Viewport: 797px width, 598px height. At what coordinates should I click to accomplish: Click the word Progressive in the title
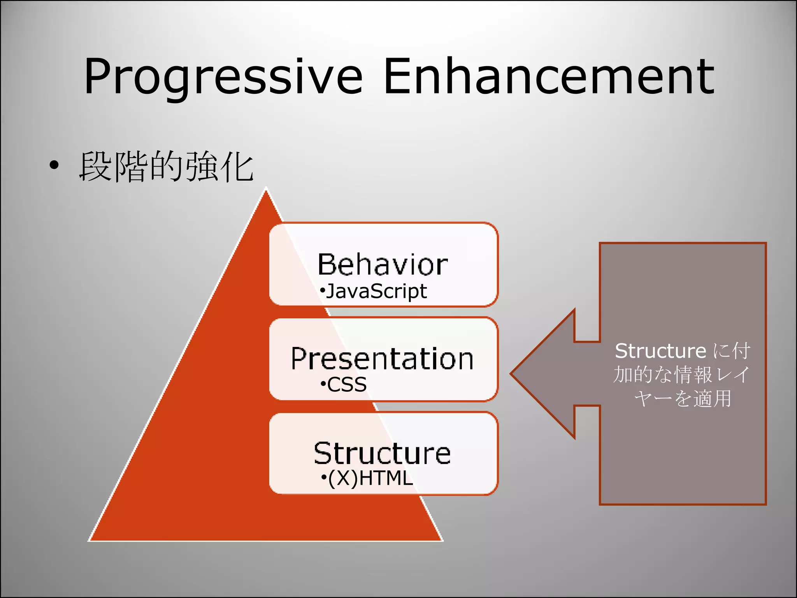pyautogui.click(x=223, y=76)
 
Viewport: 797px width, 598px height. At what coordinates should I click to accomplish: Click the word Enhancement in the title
pyautogui.click(x=549, y=76)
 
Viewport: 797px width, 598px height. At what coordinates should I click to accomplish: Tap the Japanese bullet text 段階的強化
pyautogui.click(x=167, y=167)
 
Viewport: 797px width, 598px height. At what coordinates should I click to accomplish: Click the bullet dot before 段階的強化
pyautogui.click(x=54, y=165)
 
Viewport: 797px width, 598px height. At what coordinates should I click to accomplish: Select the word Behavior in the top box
pyautogui.click(x=383, y=264)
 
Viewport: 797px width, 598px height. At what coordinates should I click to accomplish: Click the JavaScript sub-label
pyautogui.click(x=376, y=291)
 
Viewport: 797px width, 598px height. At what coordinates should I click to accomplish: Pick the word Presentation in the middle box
pyautogui.click(x=382, y=359)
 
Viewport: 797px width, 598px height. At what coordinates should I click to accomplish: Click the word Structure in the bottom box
pyautogui.click(x=382, y=453)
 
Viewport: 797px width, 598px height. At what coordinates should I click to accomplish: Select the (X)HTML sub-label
pyautogui.click(x=370, y=478)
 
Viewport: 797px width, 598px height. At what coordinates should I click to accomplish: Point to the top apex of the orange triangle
pyautogui.click(x=266, y=189)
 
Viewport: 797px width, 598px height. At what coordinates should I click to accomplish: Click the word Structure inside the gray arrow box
pyautogui.click(x=660, y=351)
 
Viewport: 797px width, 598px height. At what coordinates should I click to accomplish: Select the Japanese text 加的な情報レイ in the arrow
pyautogui.click(x=681, y=375)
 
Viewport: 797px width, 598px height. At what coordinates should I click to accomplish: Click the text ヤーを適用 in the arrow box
pyautogui.click(x=683, y=399)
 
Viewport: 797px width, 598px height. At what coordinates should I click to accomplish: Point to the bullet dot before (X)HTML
pyautogui.click(x=324, y=478)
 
